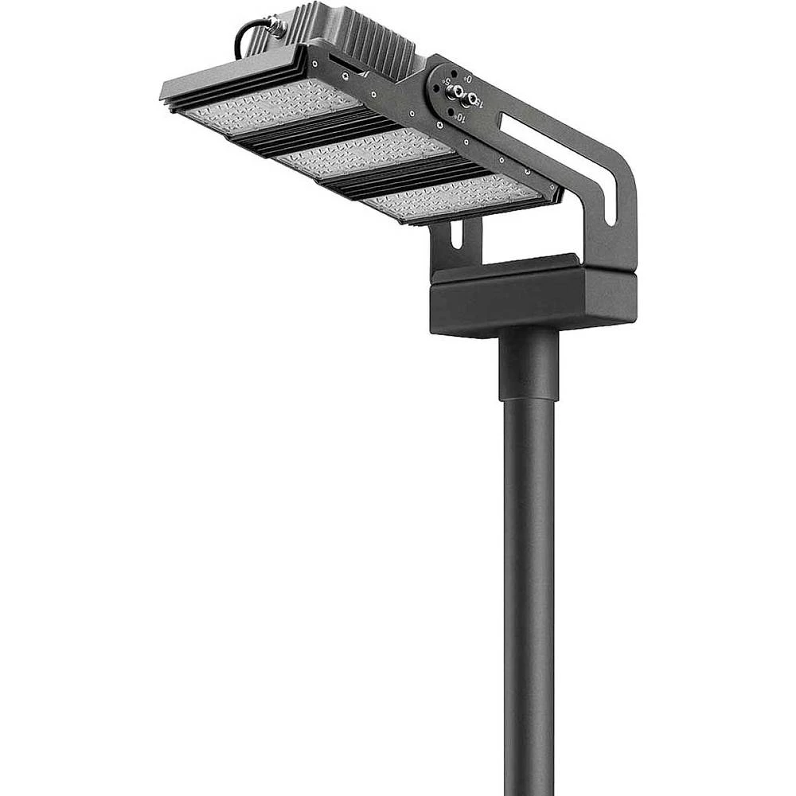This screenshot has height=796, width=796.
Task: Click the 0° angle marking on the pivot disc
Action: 469,79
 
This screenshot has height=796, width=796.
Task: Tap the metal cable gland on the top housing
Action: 277,25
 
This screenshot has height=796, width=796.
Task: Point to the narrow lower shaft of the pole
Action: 528,597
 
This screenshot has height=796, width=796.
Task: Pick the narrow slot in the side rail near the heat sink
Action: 346,68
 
